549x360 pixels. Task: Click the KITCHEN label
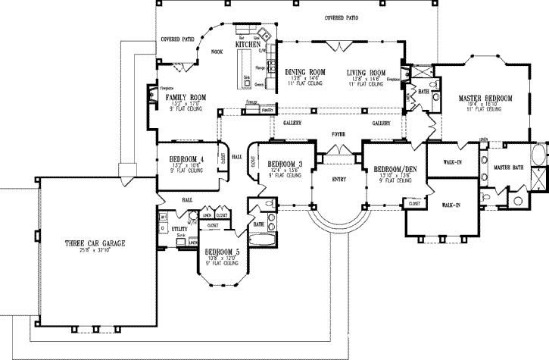point(248,45)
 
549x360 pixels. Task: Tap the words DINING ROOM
point(305,73)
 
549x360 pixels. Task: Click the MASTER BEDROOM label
point(485,99)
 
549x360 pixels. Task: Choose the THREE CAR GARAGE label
point(95,243)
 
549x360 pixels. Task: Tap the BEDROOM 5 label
point(221,252)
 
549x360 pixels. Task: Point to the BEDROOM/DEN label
point(388,169)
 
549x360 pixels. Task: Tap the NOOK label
point(217,52)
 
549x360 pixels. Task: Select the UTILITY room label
point(179,227)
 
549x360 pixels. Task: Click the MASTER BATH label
point(507,167)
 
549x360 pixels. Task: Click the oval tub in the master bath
point(539,157)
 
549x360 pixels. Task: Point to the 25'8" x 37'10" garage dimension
point(95,251)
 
